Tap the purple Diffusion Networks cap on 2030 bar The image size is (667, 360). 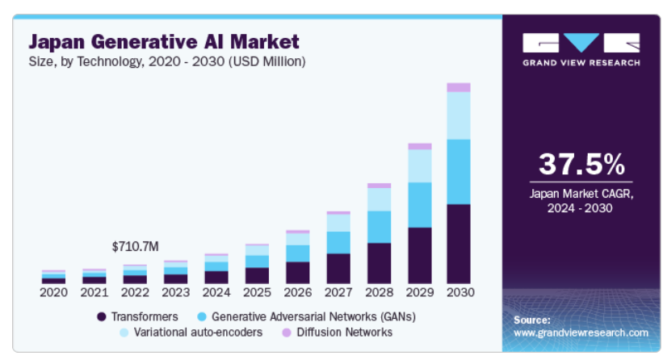(x=458, y=87)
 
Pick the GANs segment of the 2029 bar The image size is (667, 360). (x=418, y=205)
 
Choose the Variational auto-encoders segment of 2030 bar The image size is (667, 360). (x=458, y=115)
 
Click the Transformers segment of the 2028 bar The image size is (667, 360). (x=378, y=263)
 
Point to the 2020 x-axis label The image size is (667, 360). (x=53, y=292)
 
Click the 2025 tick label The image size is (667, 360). (x=256, y=292)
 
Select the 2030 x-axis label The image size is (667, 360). (x=459, y=292)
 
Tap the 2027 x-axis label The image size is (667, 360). (x=338, y=292)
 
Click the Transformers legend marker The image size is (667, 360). (x=102, y=316)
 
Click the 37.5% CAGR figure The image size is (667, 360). (x=581, y=165)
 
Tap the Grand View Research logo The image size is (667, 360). (x=581, y=49)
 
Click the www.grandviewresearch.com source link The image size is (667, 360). (x=581, y=333)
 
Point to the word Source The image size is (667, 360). (x=532, y=320)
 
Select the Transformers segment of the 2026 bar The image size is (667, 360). (x=297, y=273)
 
